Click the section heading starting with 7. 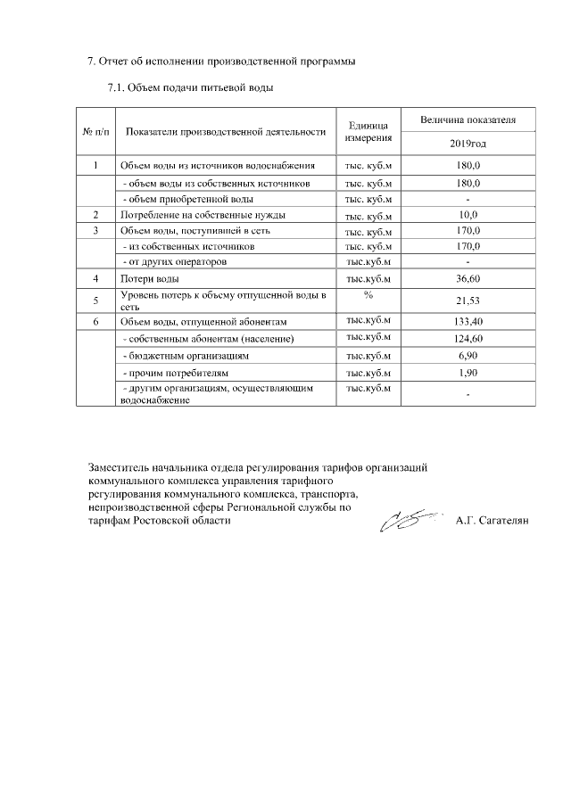tap(221, 62)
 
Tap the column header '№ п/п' tap(95, 132)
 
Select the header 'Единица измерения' tap(367, 132)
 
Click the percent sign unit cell tap(367, 295)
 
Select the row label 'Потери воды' tap(144, 279)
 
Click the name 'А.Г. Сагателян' tap(492, 521)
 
